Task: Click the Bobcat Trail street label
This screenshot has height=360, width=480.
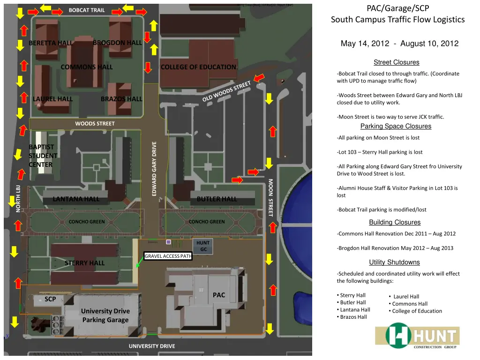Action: tap(87, 10)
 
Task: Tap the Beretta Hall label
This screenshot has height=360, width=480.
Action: tap(51, 43)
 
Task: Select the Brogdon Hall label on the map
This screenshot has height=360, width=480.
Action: tap(117, 43)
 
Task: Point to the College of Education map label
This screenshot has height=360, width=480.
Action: tap(198, 67)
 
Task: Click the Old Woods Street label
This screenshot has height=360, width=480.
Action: tap(227, 91)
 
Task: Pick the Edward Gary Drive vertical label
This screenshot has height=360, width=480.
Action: tap(155, 169)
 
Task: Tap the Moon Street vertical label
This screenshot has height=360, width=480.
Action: tap(270, 197)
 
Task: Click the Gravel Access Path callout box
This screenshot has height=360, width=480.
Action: tap(168, 256)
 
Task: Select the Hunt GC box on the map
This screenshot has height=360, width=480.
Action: tap(203, 246)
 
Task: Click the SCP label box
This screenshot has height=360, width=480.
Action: tap(50, 299)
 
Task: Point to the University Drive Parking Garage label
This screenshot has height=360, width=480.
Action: tap(105, 315)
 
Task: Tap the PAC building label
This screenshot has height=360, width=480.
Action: tap(219, 295)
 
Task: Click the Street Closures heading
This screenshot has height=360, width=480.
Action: tap(396, 62)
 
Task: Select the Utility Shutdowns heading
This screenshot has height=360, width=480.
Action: tap(394, 262)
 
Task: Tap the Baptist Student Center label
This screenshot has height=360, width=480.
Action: tap(43, 156)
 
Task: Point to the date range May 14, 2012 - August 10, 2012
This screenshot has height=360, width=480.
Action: tap(399, 44)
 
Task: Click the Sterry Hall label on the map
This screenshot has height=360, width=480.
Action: tap(84, 263)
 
